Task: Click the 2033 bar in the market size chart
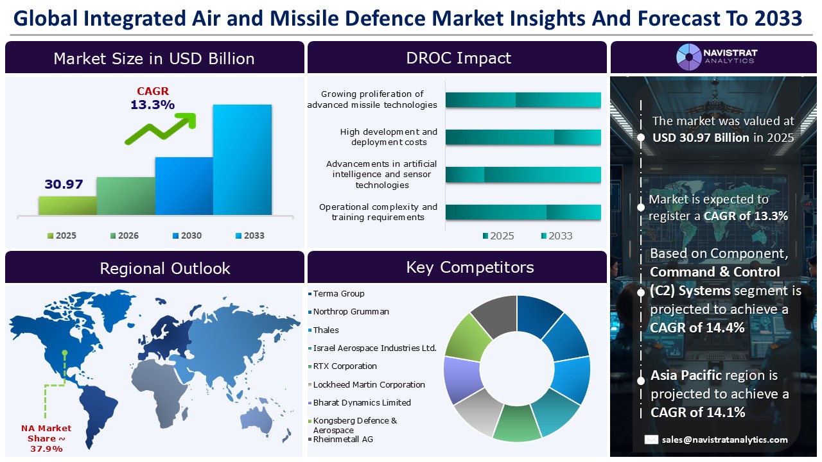(x=242, y=159)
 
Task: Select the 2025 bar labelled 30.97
(x=67, y=205)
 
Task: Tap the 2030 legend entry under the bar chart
(x=186, y=235)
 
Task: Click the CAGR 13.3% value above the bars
(x=152, y=105)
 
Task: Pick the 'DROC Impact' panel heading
(x=458, y=58)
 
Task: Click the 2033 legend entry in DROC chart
(x=555, y=235)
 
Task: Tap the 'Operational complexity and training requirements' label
(x=378, y=212)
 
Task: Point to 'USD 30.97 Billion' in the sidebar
(x=701, y=137)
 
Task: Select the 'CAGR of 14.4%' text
(x=697, y=328)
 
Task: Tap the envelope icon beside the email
(x=651, y=440)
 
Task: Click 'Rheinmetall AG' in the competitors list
(x=343, y=440)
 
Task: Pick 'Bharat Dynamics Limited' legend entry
(x=362, y=403)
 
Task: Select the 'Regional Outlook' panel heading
(x=164, y=268)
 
